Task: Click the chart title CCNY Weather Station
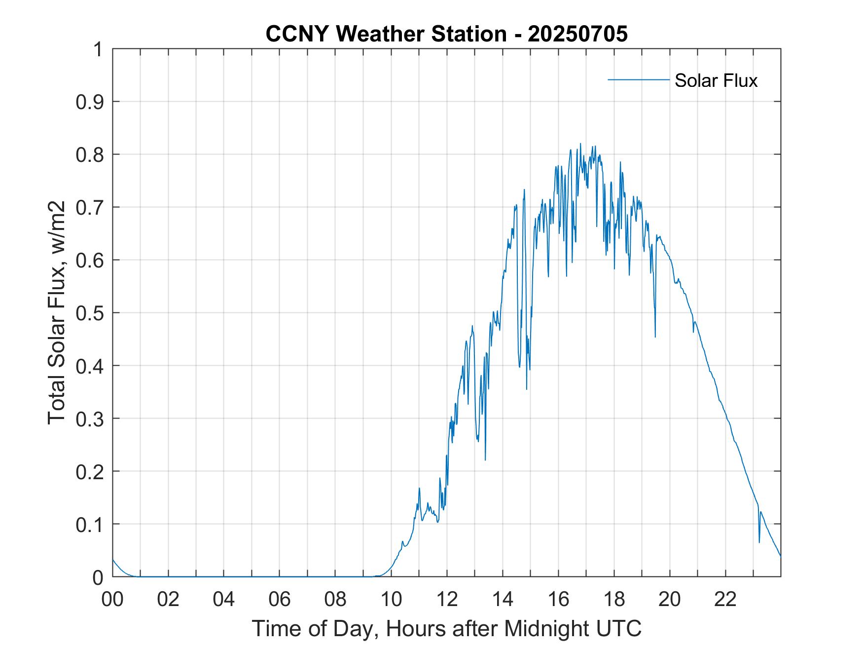tap(386, 35)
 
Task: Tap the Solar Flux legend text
tap(716, 80)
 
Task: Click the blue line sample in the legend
tap(638, 79)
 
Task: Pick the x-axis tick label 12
tap(447, 599)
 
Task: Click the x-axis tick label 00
tap(112, 599)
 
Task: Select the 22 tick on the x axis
tap(725, 599)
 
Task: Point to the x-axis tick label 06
tap(280, 599)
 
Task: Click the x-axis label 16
tap(558, 599)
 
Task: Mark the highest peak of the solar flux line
tap(580, 144)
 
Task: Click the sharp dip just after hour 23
tap(759, 542)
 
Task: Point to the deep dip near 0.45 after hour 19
tap(655, 336)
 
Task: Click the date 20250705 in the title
tap(577, 35)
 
